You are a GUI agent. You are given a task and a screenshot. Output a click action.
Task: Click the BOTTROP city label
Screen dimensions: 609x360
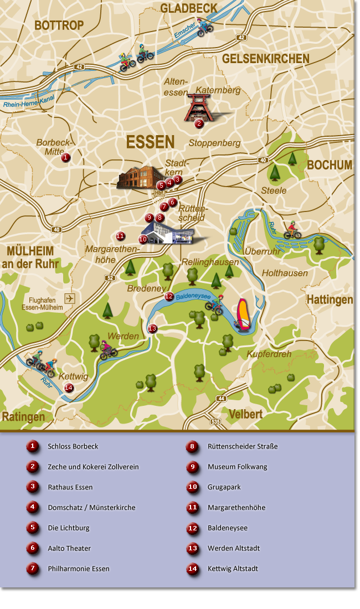coord(59,25)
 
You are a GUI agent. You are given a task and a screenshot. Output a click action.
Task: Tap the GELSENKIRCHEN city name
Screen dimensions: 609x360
coord(265,59)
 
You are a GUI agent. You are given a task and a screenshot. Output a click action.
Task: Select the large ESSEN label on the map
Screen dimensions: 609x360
coord(150,142)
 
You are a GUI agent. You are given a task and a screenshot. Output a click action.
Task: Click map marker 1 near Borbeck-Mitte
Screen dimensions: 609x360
coord(65,158)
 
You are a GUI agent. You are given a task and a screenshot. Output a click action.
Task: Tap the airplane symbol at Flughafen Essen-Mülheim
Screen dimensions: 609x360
coord(70,298)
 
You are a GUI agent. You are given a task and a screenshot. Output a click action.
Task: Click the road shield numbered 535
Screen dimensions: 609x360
coord(215,421)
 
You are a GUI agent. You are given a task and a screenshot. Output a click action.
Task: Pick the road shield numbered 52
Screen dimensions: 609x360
coord(110,278)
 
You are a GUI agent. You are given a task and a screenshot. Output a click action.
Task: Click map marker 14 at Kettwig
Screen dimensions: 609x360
coord(69,388)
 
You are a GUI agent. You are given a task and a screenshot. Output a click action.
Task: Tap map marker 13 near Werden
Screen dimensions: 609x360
coord(152,329)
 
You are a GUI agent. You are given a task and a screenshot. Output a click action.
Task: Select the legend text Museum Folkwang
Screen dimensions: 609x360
coord(237,467)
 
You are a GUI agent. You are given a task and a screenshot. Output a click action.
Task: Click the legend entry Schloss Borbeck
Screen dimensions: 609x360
coord(73,446)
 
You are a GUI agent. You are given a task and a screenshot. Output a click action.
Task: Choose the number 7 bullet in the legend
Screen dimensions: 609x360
coord(33,569)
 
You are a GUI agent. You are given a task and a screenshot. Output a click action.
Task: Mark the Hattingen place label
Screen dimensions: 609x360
coord(330,300)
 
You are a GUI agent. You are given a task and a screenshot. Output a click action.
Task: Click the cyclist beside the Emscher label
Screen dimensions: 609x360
coord(204,27)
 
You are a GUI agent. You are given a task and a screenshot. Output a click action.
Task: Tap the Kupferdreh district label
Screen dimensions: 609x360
coord(269,354)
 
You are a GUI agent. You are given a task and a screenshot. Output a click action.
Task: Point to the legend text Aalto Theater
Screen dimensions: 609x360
coord(69,548)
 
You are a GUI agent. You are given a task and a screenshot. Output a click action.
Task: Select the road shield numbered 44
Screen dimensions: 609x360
coord(222,398)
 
